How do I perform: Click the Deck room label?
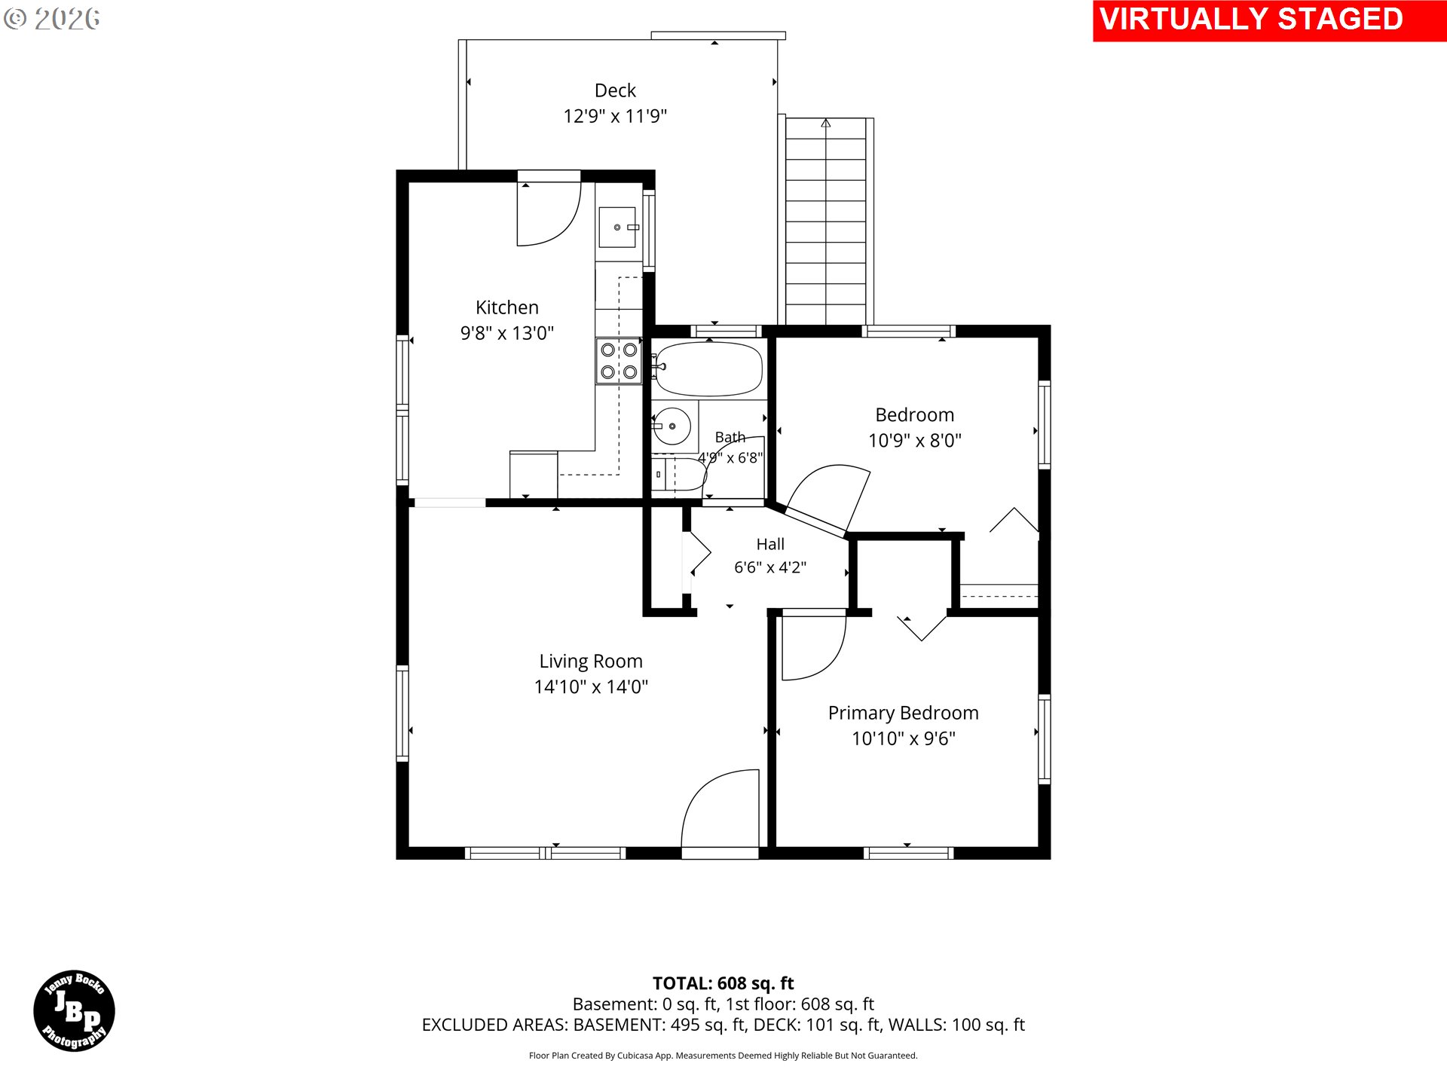click(615, 90)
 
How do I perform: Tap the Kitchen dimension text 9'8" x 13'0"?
click(507, 333)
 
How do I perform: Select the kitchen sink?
click(618, 227)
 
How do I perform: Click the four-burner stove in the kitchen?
click(619, 361)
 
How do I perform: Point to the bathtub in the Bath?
click(708, 369)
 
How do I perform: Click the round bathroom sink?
click(671, 426)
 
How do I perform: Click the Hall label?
click(770, 544)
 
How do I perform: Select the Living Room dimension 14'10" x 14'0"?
click(591, 687)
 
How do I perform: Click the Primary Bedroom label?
click(904, 713)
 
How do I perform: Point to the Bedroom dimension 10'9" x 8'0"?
click(915, 441)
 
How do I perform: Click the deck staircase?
click(826, 222)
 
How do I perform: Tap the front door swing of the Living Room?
click(720, 810)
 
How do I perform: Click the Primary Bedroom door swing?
click(814, 648)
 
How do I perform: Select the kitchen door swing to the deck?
click(549, 213)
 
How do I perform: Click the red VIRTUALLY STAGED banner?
click(1270, 20)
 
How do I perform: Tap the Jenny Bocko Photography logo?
click(74, 1011)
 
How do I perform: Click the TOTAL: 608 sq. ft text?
click(723, 983)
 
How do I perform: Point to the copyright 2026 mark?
click(51, 19)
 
